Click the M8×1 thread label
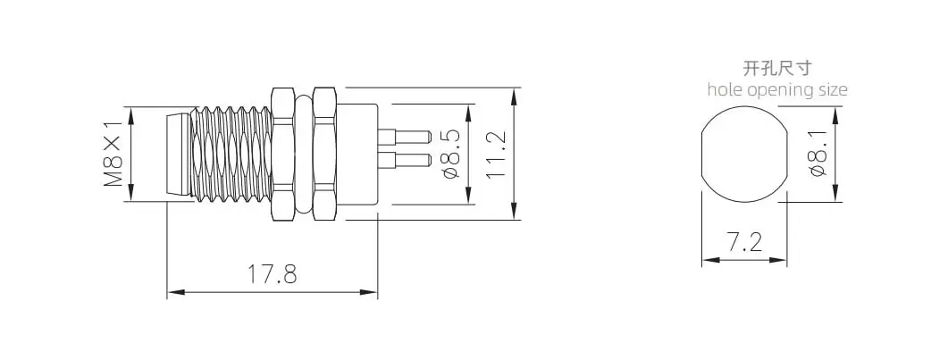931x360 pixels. (x=113, y=154)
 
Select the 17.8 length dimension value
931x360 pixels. (x=272, y=274)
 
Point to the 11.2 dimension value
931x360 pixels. (x=496, y=154)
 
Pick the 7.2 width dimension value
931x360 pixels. (x=744, y=242)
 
